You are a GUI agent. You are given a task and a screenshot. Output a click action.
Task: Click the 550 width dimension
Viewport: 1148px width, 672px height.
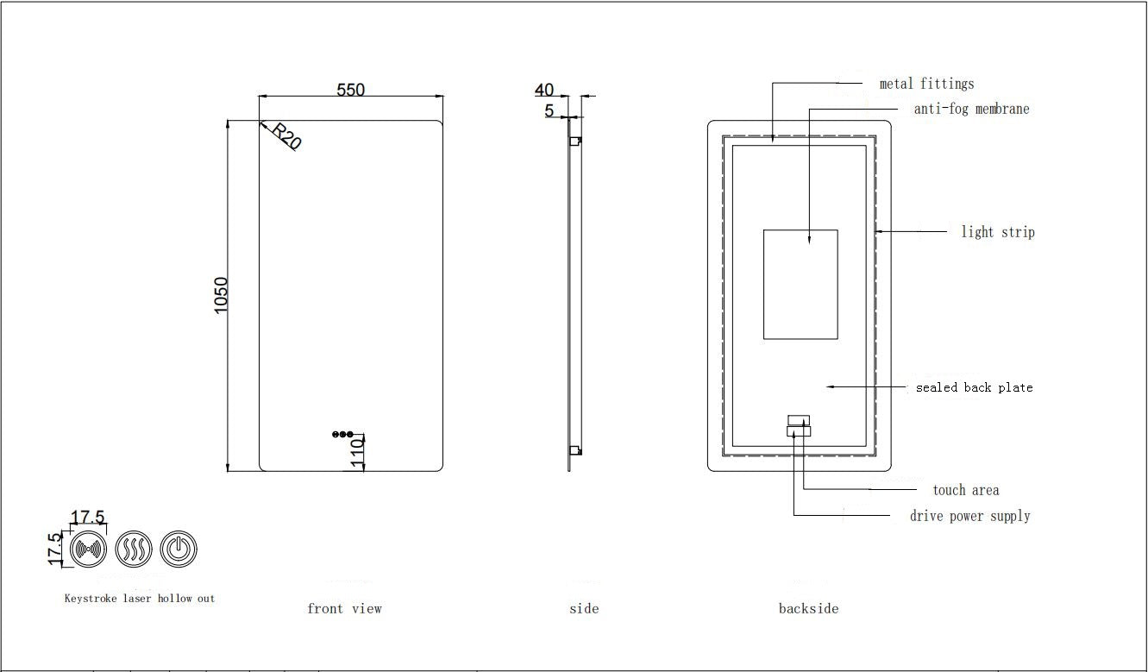[x=350, y=90]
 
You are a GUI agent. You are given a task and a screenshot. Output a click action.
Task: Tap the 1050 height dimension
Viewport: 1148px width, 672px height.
[x=221, y=295]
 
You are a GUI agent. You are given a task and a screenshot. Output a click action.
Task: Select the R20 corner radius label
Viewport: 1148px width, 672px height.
[x=286, y=135]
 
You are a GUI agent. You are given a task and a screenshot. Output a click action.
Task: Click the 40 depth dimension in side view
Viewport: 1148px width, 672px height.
[x=544, y=90]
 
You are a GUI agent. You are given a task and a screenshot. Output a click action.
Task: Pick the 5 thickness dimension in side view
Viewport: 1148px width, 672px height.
[x=549, y=110]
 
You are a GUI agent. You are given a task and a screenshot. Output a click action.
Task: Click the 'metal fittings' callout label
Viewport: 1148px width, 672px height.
[x=926, y=84]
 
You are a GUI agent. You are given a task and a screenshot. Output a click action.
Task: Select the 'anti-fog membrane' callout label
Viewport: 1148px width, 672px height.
[x=972, y=109]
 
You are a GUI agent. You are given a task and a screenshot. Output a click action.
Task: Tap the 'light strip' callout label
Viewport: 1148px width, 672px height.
[x=998, y=232]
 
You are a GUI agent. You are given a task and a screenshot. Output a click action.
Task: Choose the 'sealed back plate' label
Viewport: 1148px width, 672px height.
[x=975, y=387]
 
